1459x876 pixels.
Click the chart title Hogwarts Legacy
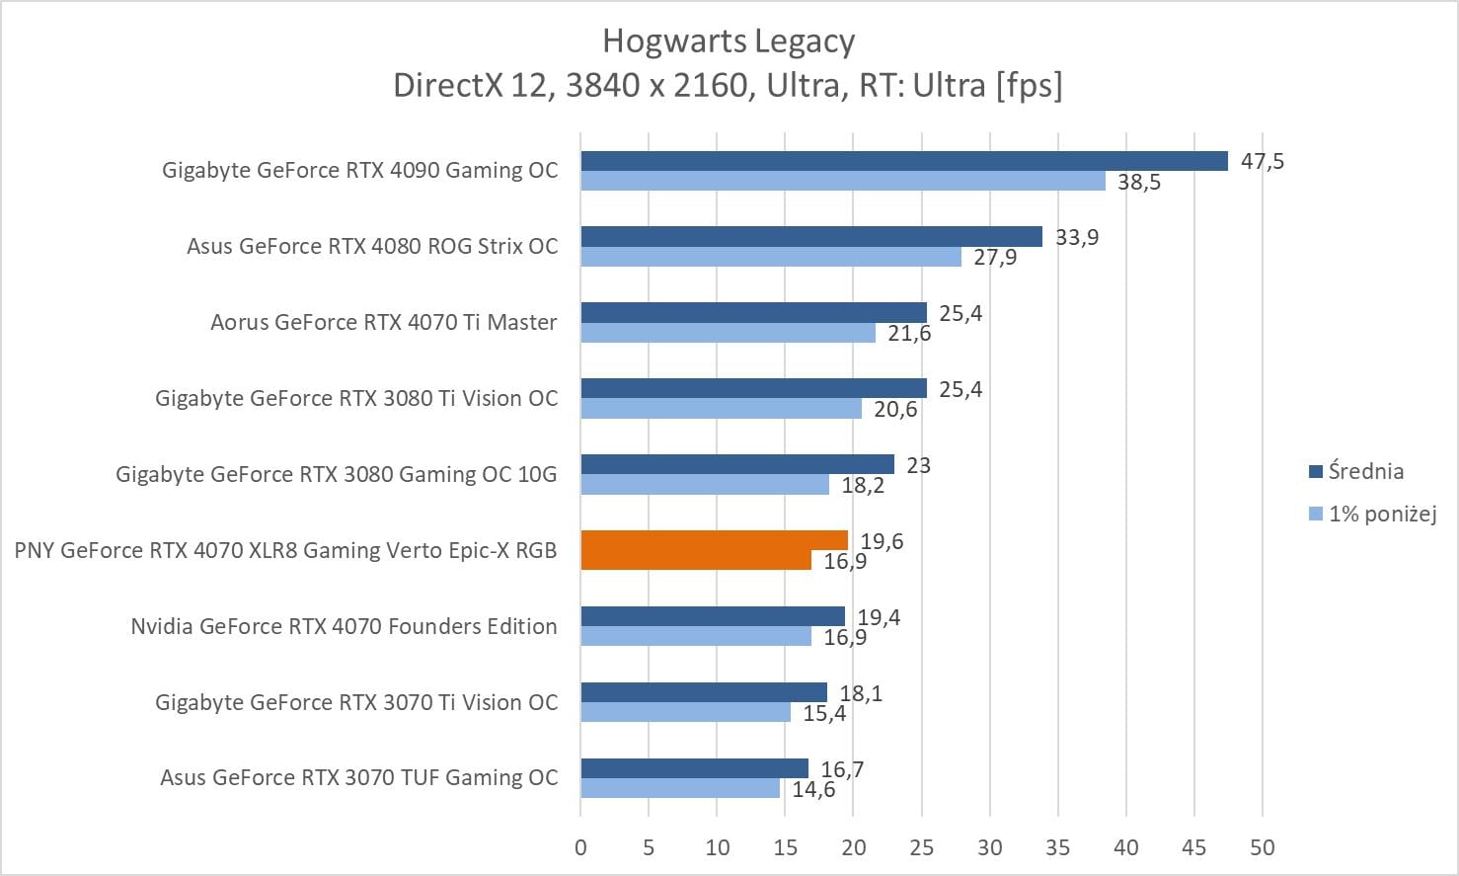[x=729, y=41]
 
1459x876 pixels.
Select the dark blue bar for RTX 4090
[x=903, y=161]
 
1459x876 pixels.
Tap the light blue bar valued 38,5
[x=842, y=182]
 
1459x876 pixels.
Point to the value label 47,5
[x=1263, y=161]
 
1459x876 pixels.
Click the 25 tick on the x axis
[x=921, y=847]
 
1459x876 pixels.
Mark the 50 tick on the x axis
[x=1262, y=847]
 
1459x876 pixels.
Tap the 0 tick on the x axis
[x=580, y=847]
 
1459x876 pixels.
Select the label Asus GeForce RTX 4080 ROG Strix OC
[x=372, y=246]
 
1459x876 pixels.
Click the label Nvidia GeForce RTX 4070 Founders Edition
[x=344, y=626]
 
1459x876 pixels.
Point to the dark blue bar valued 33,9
[x=810, y=237]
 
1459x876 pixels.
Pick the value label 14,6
[x=813, y=790]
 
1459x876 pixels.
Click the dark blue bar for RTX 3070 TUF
[x=694, y=768]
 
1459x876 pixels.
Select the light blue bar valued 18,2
[x=705, y=485]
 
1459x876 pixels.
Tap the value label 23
[x=918, y=465]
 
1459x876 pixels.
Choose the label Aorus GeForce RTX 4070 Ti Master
[x=383, y=322]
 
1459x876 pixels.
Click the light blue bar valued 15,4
[x=685, y=713]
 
